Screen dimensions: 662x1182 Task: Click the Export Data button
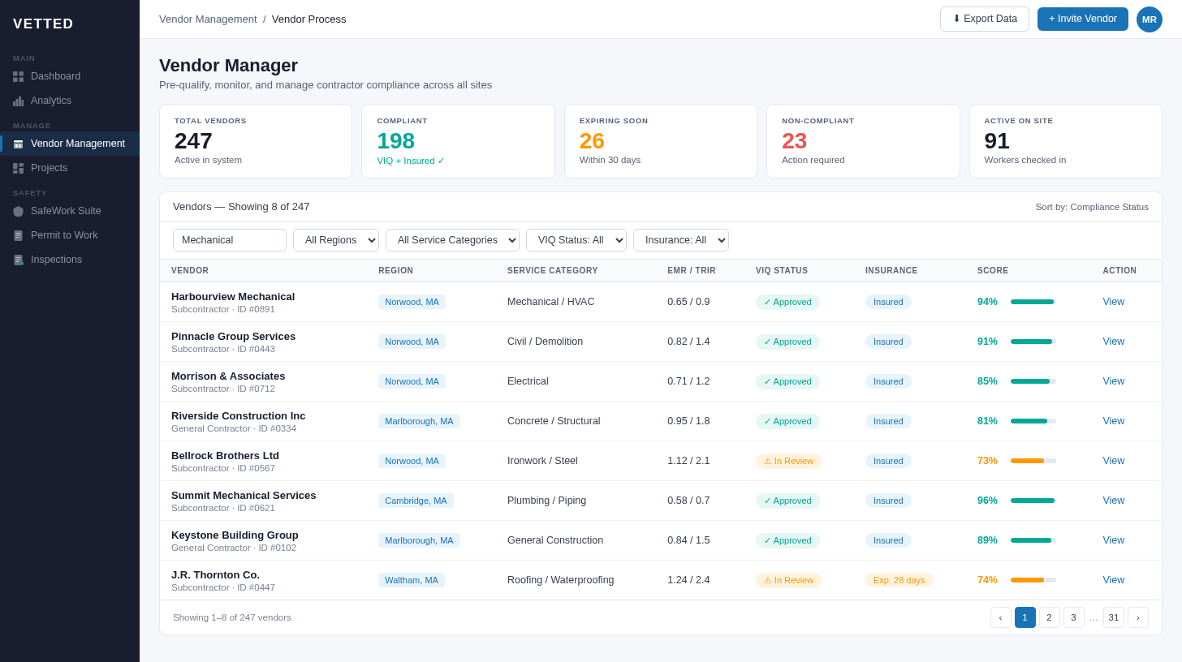984,19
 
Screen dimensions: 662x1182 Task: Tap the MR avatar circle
1149,19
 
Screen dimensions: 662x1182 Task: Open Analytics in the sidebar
51,101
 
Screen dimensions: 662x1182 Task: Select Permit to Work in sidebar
64,235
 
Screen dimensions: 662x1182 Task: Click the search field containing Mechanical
229,240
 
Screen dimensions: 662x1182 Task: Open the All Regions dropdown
335,240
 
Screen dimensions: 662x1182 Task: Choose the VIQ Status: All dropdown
576,240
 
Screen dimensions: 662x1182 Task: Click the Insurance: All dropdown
680,240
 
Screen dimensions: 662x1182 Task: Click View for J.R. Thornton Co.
1113,580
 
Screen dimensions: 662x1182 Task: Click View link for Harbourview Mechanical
1113,302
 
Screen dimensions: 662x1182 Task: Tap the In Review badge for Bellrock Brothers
787,461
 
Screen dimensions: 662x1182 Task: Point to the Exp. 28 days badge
899,580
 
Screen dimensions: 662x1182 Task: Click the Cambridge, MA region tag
416,501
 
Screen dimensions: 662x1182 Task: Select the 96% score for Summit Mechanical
987,501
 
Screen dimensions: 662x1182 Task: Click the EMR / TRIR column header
691,271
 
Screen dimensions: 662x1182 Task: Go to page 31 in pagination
1113,617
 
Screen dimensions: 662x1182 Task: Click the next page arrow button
1137,617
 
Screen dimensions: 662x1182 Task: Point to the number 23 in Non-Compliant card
794,141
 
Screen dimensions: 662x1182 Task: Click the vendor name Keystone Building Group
235,535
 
